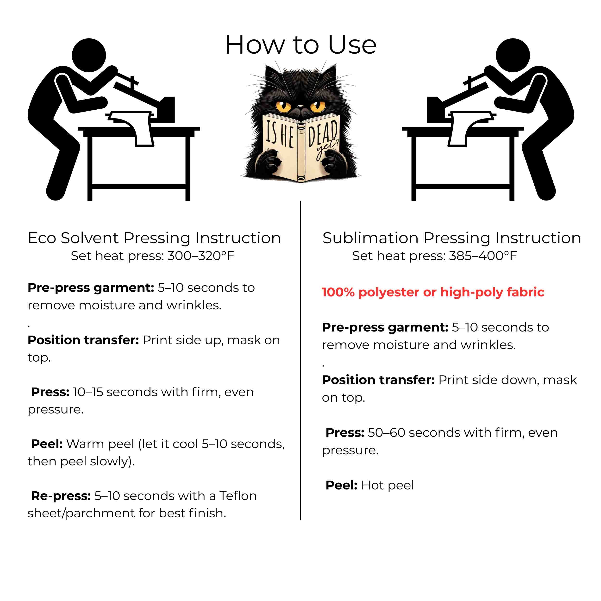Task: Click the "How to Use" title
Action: (x=300, y=45)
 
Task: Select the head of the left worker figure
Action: (x=89, y=55)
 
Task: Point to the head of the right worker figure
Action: (x=513, y=55)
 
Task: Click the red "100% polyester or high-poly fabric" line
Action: (x=433, y=292)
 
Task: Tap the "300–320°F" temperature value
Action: (x=201, y=256)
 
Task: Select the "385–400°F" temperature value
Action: (x=483, y=256)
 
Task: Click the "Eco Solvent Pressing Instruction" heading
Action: (x=154, y=238)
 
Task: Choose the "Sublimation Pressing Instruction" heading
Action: (x=452, y=238)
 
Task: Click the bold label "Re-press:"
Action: (x=61, y=496)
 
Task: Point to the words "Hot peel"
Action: (x=388, y=485)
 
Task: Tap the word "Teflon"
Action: (x=238, y=496)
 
